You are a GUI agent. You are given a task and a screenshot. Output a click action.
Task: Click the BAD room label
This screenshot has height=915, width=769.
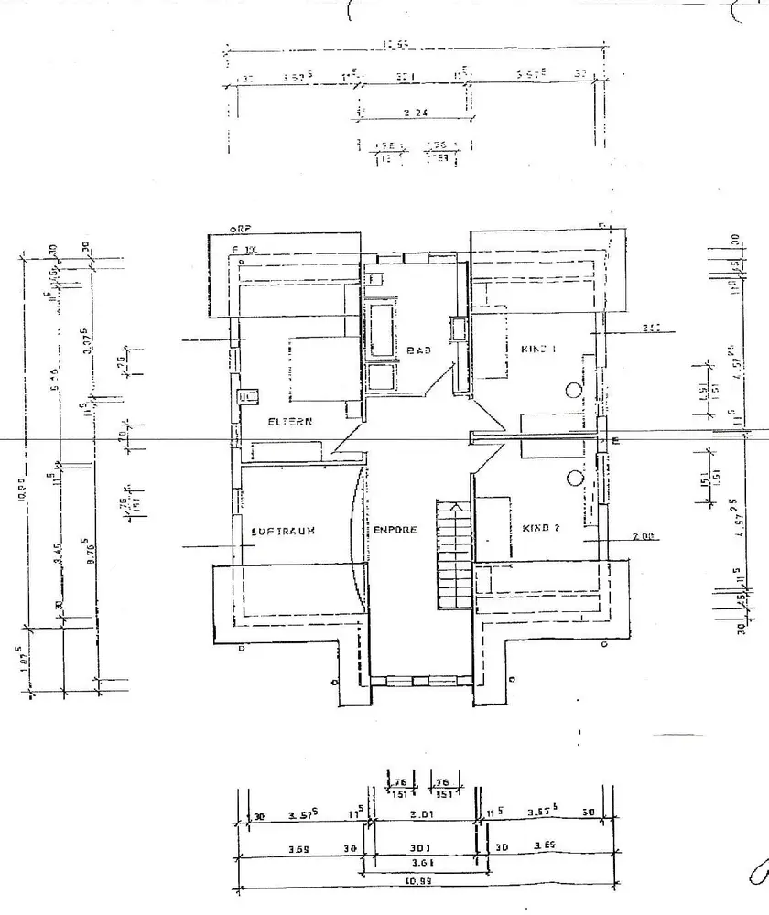coord(418,350)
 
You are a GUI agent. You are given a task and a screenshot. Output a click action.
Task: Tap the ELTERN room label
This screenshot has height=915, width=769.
coord(291,422)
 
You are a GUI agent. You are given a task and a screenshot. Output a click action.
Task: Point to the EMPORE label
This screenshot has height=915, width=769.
coord(395,530)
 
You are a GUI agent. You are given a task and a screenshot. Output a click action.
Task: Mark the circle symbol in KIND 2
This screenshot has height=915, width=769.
coord(574,478)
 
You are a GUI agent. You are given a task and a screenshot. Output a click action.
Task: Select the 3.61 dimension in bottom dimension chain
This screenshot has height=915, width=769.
coord(422,862)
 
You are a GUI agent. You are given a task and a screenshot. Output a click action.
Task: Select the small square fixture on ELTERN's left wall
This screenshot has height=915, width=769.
coord(246,397)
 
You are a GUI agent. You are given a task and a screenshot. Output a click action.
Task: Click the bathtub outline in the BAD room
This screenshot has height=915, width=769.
coord(380,329)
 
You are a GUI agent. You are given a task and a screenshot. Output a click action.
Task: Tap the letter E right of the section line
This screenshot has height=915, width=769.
coord(615,442)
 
